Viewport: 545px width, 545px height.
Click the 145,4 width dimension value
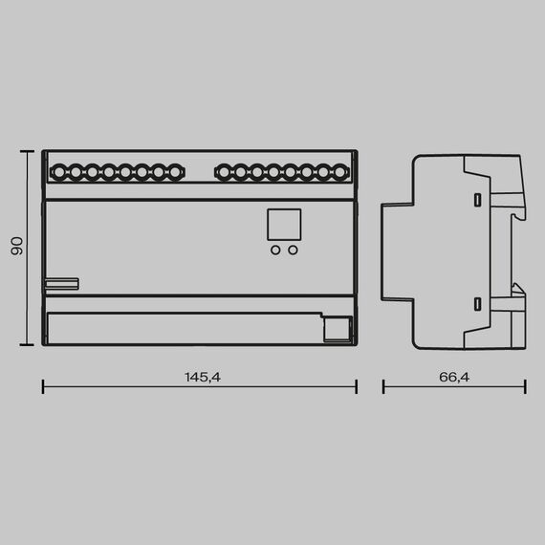coord(203,378)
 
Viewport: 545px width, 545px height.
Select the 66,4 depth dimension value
coord(454,378)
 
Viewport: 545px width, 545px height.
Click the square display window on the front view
coord(283,225)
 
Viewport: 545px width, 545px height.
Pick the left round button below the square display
coord(275,251)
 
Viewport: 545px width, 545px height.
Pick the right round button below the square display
coord(293,251)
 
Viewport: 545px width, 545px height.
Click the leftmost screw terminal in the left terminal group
coord(59,173)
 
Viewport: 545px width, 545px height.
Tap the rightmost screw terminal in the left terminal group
coord(175,173)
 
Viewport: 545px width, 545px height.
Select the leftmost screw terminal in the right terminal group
coord(224,173)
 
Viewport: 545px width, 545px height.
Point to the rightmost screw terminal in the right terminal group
coord(339,173)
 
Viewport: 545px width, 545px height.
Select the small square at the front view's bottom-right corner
coord(336,329)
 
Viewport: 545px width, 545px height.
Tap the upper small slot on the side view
coord(476,199)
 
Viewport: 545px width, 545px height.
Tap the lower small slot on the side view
coord(476,304)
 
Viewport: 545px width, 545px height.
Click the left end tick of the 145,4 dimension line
coord(44,386)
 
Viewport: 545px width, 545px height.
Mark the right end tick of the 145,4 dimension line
coord(356,386)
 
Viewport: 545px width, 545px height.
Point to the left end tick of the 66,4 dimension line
coord(383,386)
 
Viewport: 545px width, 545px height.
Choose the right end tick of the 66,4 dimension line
coord(525,386)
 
